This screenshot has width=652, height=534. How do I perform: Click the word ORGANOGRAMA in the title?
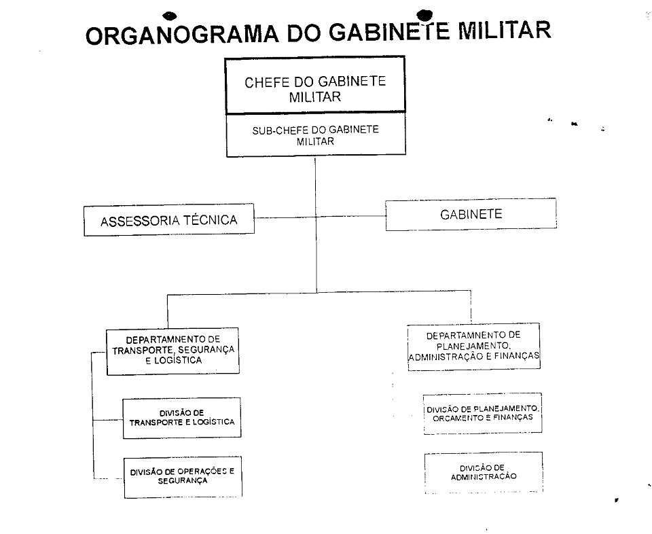[182, 35]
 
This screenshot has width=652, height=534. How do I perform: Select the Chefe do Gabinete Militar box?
[314, 85]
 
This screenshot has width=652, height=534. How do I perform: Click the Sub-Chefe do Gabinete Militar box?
[316, 135]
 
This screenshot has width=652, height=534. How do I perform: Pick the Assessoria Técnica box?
[169, 220]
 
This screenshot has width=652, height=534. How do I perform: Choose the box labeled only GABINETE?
[471, 214]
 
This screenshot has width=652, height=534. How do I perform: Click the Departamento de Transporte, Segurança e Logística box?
[173, 351]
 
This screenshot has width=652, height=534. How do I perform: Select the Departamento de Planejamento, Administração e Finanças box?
[473, 346]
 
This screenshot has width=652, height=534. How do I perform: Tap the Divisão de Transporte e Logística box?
[182, 418]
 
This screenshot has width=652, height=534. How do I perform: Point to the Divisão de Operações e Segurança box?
[183, 477]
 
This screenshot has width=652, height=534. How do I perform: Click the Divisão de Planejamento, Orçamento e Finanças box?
[482, 413]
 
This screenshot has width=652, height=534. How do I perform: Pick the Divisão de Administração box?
[484, 472]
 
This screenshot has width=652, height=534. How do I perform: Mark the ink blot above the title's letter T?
[424, 15]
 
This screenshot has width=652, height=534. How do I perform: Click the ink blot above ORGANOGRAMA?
[170, 16]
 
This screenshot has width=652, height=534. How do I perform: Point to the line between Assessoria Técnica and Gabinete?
[320, 217]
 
